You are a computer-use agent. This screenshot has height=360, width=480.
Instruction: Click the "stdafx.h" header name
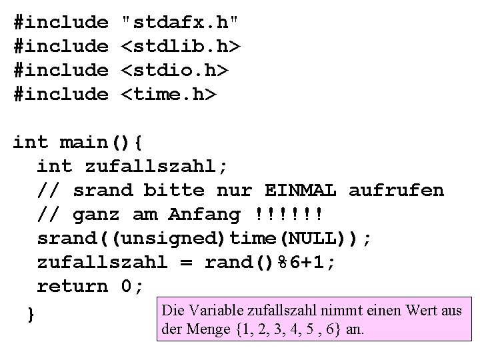pyautogui.click(x=179, y=22)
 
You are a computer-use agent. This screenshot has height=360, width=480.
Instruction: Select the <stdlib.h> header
pyautogui.click(x=179, y=47)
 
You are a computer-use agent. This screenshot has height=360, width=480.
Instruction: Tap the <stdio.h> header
pyautogui.click(x=173, y=71)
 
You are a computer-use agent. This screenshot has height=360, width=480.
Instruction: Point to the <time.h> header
pyautogui.click(x=168, y=95)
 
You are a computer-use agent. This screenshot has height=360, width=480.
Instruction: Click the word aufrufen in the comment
pyautogui.click(x=396, y=190)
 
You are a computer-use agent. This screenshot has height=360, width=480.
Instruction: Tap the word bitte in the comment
pyautogui.click(x=174, y=190)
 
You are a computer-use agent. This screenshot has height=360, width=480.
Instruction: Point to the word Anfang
pyautogui.click(x=204, y=215)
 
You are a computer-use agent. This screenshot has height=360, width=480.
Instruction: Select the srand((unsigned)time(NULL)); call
pyautogui.click(x=204, y=239)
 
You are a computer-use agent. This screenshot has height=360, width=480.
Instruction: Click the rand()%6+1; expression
pyautogui.click(x=270, y=263)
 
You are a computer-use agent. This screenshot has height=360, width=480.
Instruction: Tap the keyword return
pyautogui.click(x=72, y=287)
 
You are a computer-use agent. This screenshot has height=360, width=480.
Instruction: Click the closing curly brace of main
pyautogui.click(x=29, y=313)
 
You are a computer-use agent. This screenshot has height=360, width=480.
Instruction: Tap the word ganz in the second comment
pyautogui.click(x=97, y=215)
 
